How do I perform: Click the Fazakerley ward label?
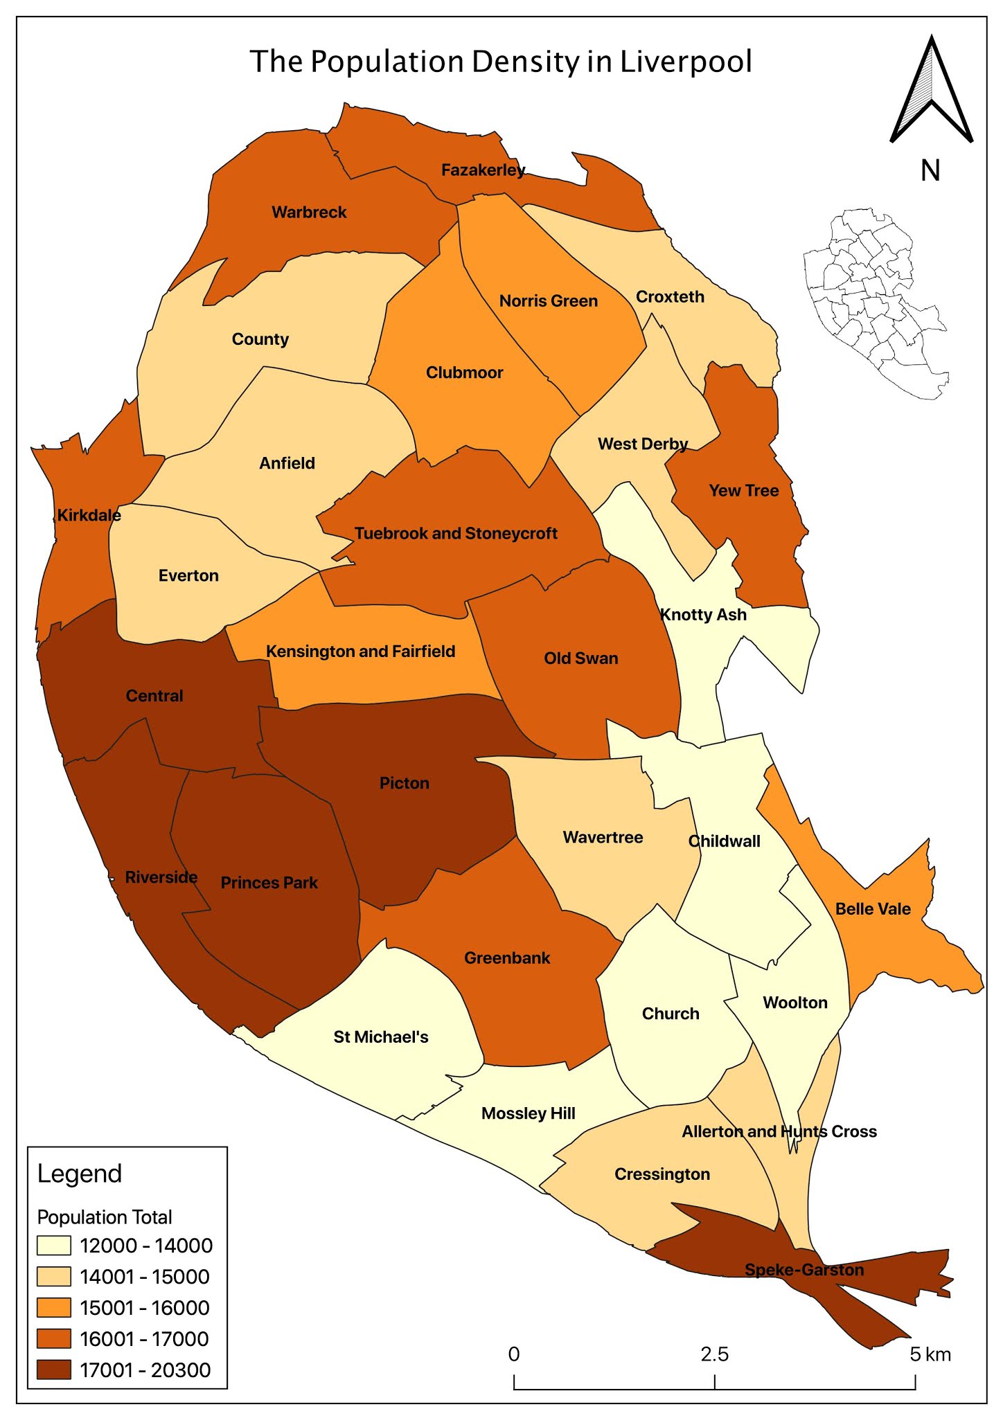pos(483,170)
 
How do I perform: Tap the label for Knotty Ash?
pos(703,615)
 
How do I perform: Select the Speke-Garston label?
pos(804,1270)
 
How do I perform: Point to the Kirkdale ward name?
pos(89,515)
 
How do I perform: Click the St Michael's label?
pos(381,1036)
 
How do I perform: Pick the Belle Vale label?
pos(873,909)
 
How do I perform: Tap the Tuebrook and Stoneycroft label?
pos(456,533)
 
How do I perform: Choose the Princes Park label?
pos(269,883)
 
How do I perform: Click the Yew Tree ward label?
pos(744,491)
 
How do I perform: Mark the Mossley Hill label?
pos(529,1113)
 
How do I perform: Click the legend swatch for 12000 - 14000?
pos(54,1246)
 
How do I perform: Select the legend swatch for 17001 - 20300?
pos(54,1370)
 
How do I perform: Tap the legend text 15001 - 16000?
pos(145,1308)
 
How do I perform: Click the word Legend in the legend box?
pos(80,1174)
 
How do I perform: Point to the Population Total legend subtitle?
pos(105,1217)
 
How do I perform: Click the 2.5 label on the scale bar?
pos(714,1354)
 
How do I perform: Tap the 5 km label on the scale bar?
pos(930,1354)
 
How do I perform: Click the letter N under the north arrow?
pos(930,170)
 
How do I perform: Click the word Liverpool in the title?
pos(686,62)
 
